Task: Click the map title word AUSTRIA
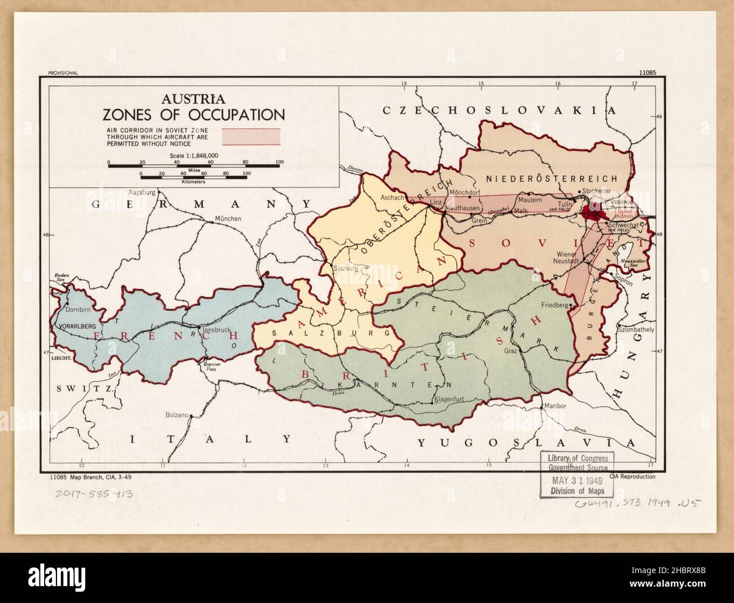tap(193, 99)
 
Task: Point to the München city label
tap(228, 219)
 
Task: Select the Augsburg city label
tap(142, 192)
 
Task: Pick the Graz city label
tap(512, 350)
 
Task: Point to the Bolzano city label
tap(176, 415)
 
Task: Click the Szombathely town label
tap(636, 329)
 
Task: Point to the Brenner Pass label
tap(211, 367)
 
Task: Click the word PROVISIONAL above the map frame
tap(63, 73)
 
